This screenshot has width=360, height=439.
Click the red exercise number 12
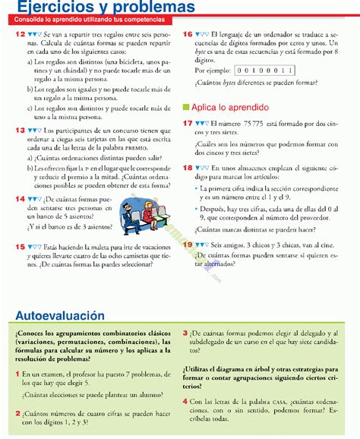[x=18, y=35]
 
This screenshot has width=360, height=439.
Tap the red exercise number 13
[x=18, y=131]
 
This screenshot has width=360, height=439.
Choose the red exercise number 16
[x=188, y=35]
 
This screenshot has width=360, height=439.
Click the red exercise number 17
[x=188, y=122]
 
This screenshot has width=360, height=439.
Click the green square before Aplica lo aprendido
[x=186, y=107]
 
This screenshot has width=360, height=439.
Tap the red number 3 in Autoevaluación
[x=185, y=332]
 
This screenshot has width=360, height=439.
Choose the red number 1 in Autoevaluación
[x=17, y=374]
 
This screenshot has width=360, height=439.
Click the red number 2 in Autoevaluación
[x=17, y=412]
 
